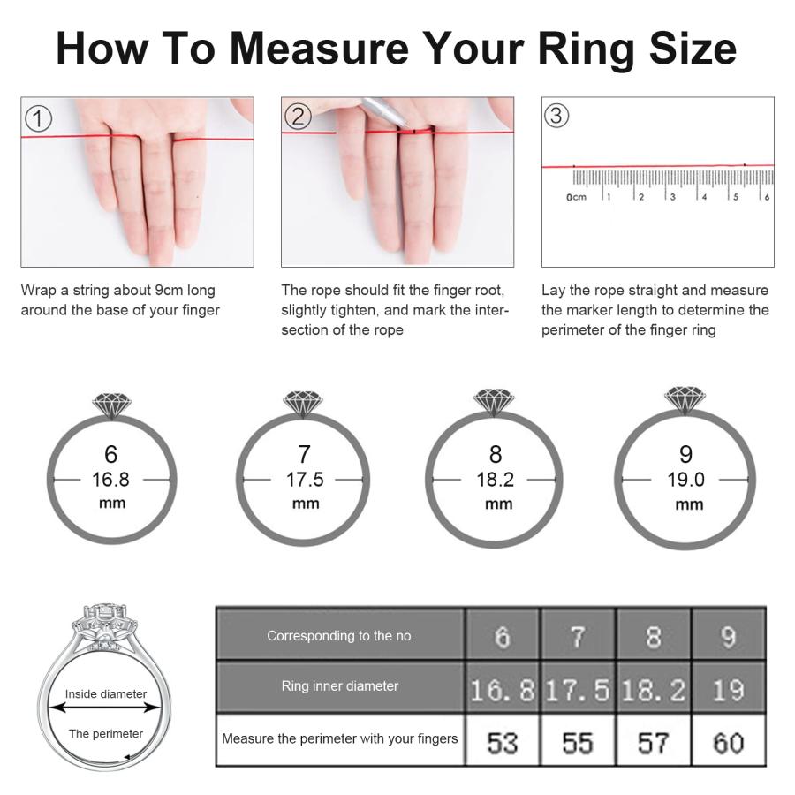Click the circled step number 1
pyautogui.click(x=39, y=118)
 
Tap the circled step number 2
pyautogui.click(x=299, y=116)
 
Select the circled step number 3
pyautogui.click(x=556, y=115)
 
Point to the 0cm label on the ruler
pyautogui.click(x=577, y=197)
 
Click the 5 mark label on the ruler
pyautogui.click(x=736, y=197)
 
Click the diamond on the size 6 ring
pyautogui.click(x=112, y=404)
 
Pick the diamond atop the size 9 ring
pyautogui.click(x=685, y=399)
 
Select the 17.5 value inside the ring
pyautogui.click(x=305, y=480)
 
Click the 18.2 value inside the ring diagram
pyautogui.click(x=496, y=480)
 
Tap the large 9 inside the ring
pyautogui.click(x=686, y=454)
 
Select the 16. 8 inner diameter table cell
pyautogui.click(x=503, y=687)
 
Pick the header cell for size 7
pyautogui.click(x=578, y=634)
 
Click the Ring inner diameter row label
pyautogui.click(x=340, y=686)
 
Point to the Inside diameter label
pyautogui.click(x=106, y=693)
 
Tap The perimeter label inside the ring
pyautogui.click(x=106, y=734)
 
